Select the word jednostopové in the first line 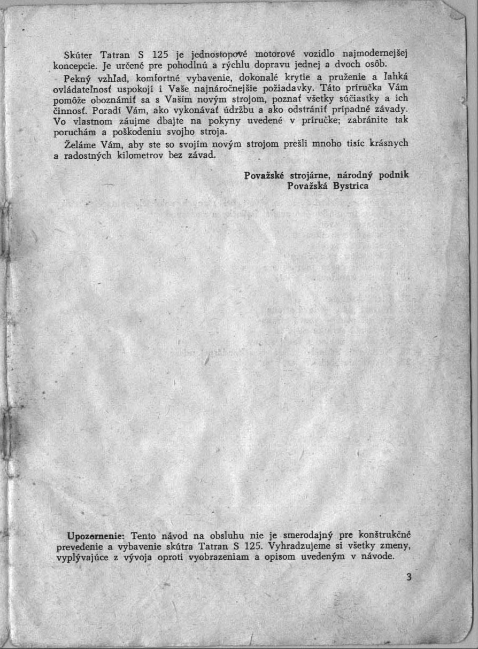pos(221,55)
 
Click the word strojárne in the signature pos(312,175)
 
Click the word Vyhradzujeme pos(301,545)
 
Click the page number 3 pos(408,577)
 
